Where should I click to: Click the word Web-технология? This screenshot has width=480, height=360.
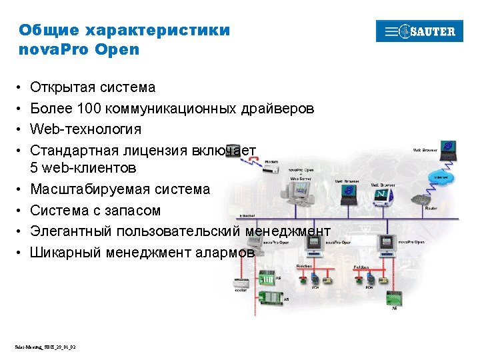(x=86, y=129)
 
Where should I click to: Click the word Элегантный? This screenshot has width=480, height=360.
(x=72, y=231)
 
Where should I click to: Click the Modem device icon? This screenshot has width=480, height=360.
(x=273, y=169)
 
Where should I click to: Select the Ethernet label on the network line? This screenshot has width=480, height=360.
(x=247, y=216)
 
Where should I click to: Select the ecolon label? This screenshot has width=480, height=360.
(x=238, y=291)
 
